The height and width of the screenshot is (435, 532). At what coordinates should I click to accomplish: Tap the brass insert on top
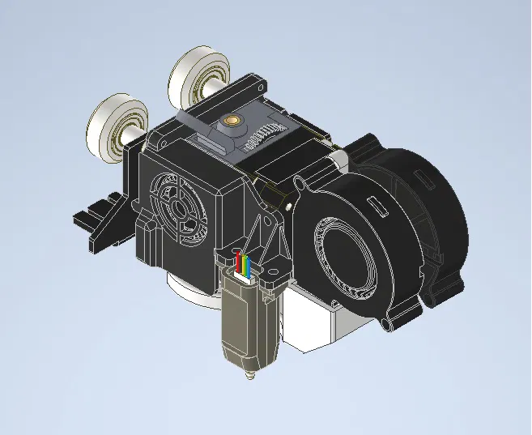point(233,122)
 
